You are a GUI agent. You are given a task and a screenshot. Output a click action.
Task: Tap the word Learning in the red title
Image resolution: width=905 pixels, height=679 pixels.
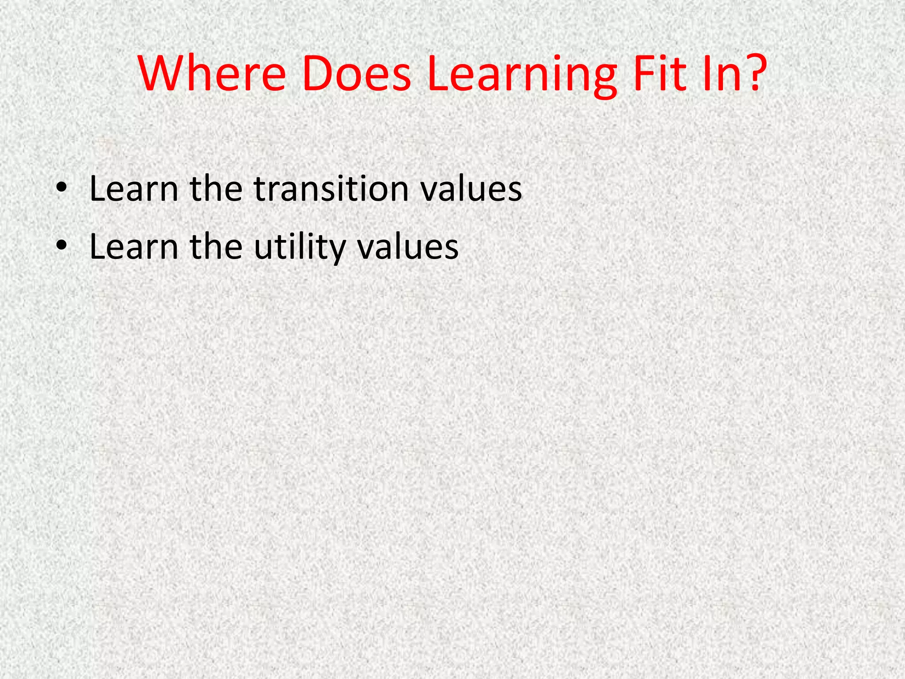[x=521, y=75]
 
